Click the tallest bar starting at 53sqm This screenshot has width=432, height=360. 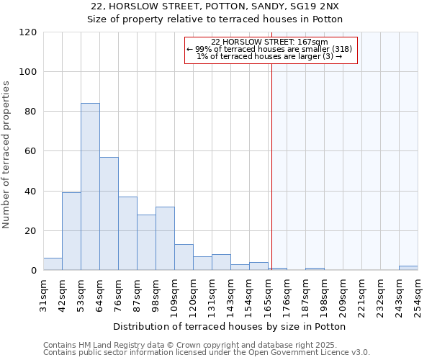point(90,187)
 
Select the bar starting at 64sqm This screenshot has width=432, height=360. point(109,214)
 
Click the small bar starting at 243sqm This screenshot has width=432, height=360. point(408,269)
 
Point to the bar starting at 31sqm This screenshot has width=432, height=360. point(53,264)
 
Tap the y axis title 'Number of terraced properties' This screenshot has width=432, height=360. point(6,155)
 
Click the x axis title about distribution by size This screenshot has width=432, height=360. point(230,326)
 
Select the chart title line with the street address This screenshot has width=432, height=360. point(216,6)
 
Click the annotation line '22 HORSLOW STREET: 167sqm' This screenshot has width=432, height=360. point(270,42)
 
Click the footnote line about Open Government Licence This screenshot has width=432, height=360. point(207,353)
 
